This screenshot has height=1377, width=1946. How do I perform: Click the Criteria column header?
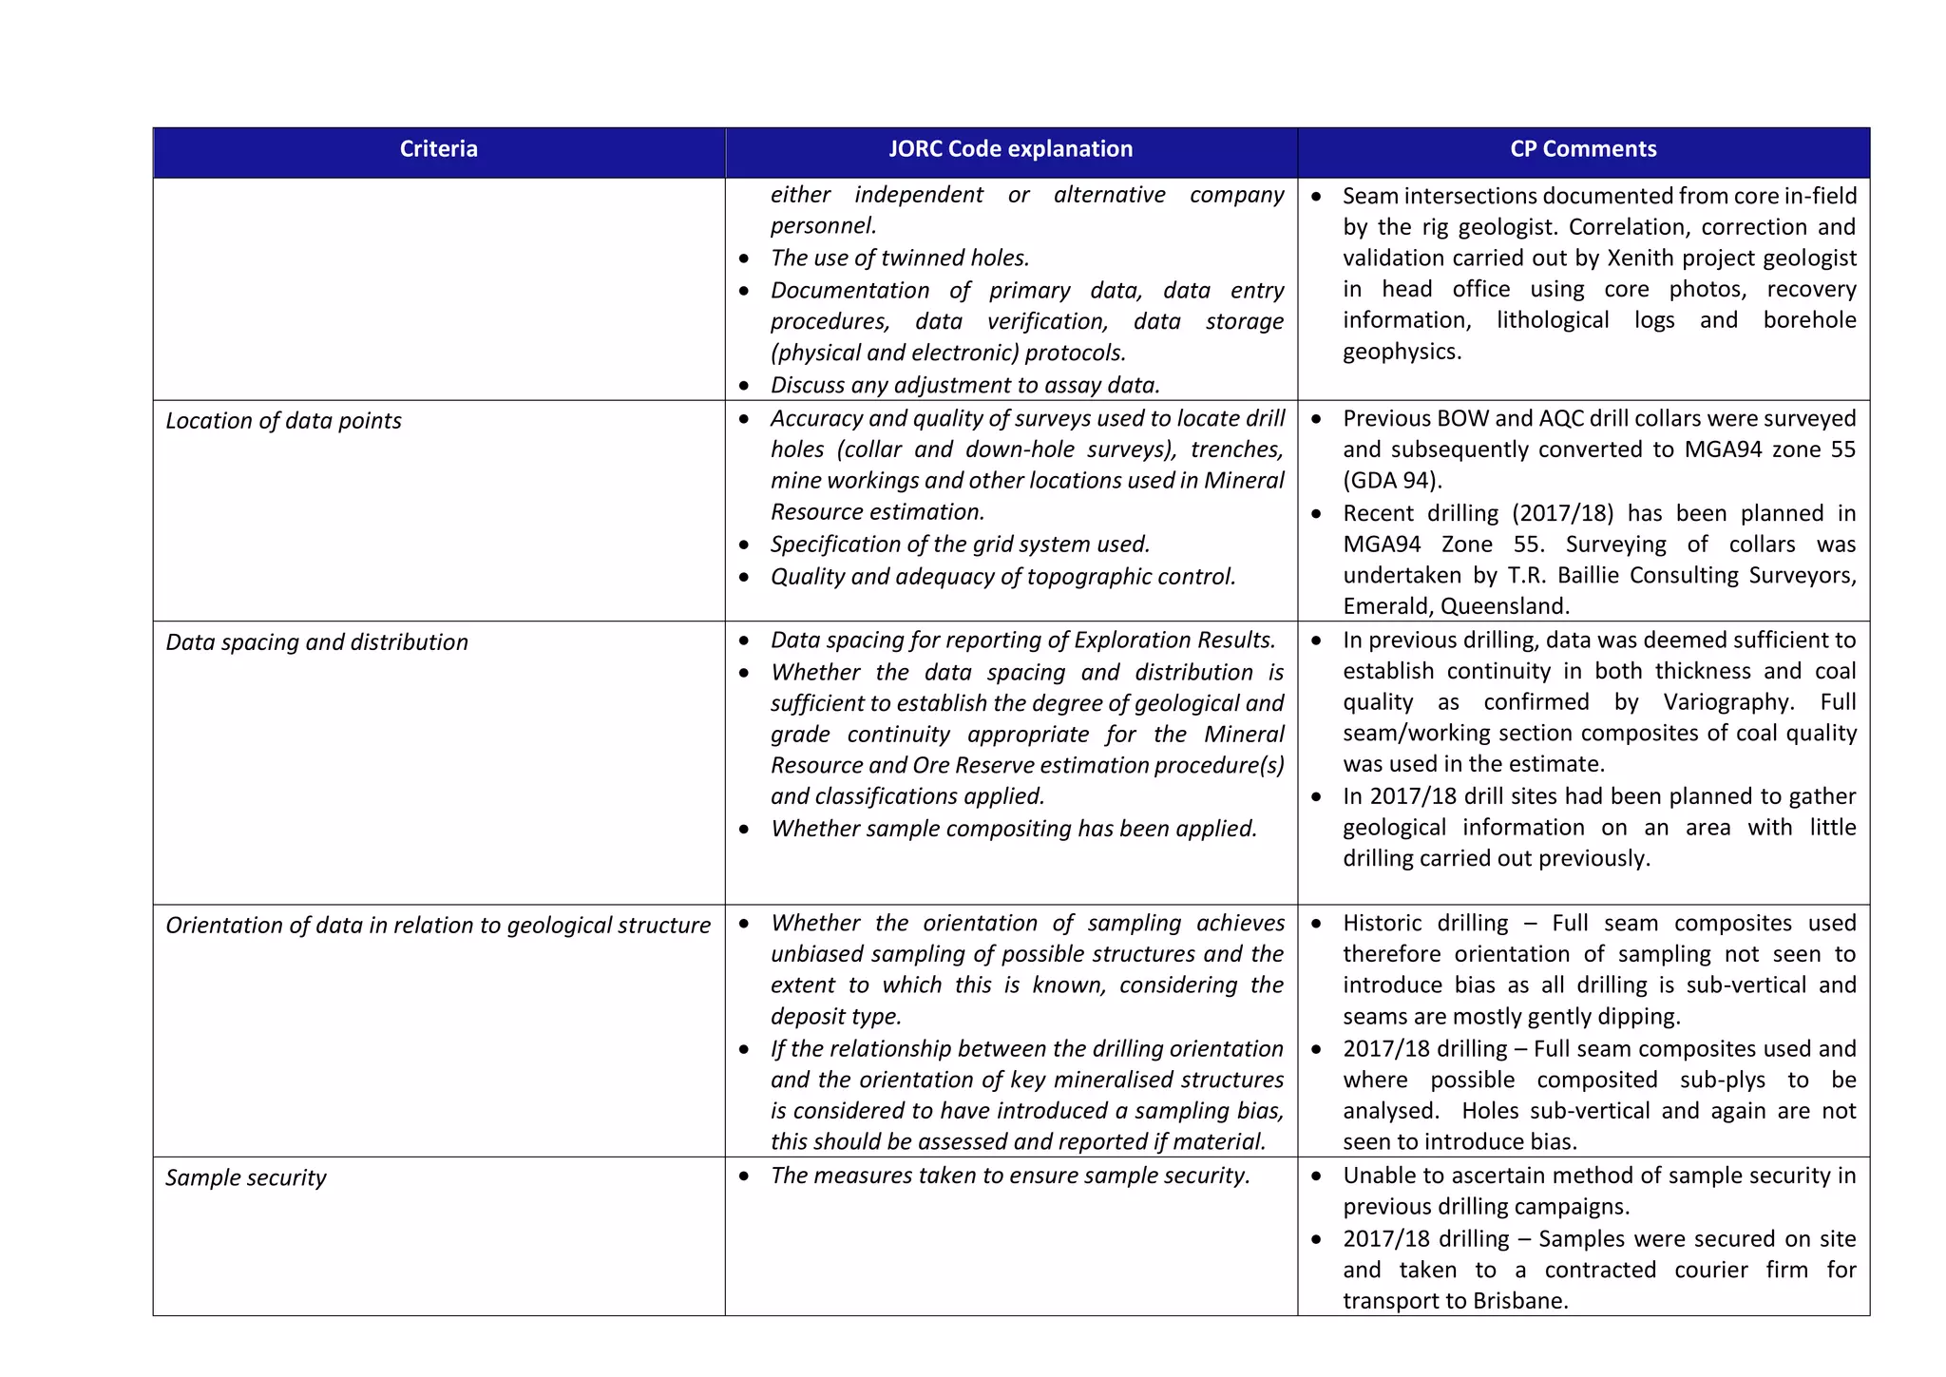(438, 149)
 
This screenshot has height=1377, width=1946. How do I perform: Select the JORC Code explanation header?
(1010, 149)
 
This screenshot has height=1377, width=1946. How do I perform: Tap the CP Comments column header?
(1583, 149)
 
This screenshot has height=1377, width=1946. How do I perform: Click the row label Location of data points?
(283, 421)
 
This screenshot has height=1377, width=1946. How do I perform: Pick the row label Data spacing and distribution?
(316, 642)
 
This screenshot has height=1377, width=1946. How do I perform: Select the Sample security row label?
(245, 1178)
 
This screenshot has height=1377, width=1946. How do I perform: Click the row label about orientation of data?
(437, 926)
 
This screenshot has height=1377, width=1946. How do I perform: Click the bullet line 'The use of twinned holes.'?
(899, 258)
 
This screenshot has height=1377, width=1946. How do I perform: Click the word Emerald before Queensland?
(1386, 607)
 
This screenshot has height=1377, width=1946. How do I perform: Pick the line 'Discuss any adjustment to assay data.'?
(964, 386)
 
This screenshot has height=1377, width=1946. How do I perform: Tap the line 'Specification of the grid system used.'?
(960, 545)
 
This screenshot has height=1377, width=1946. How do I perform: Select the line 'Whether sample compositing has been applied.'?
(1013, 829)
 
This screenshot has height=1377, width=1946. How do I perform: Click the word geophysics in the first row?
(1400, 353)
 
